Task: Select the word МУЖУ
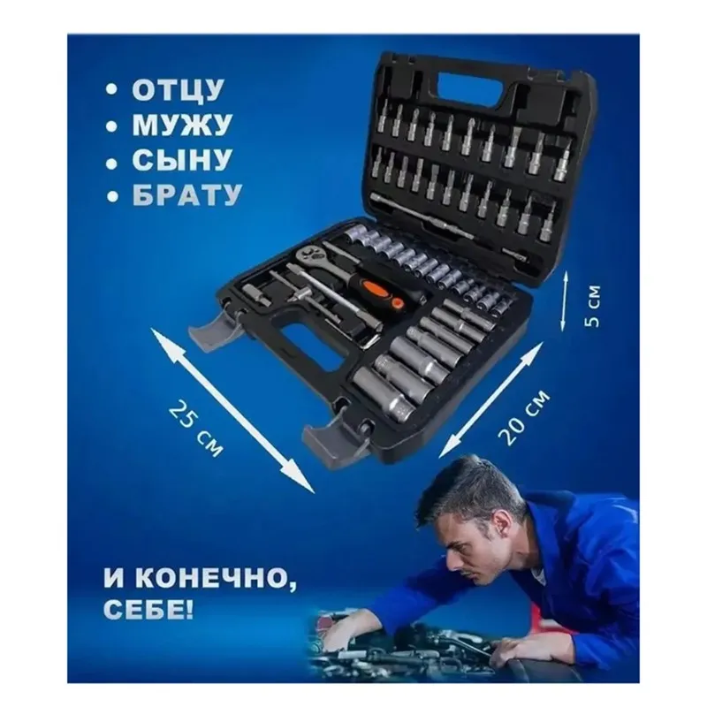tap(182, 125)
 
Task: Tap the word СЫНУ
tap(182, 160)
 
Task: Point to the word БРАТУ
tap(186, 195)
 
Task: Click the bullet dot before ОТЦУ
tap(111, 91)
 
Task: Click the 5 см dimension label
tap(594, 305)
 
